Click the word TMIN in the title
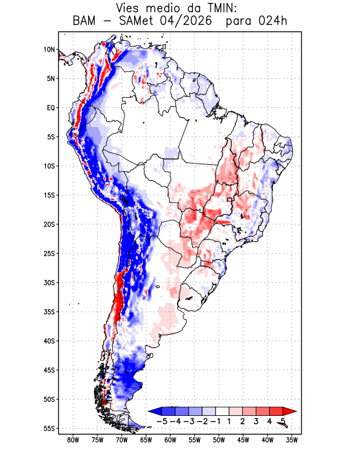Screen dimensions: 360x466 (x=218, y=8)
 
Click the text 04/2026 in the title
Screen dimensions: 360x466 (x=186, y=21)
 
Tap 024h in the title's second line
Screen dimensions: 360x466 (x=273, y=21)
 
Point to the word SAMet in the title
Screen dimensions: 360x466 (x=136, y=21)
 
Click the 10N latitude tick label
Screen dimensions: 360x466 (x=50, y=50)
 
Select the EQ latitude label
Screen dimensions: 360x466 (x=51, y=108)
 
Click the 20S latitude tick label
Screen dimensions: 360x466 (x=50, y=224)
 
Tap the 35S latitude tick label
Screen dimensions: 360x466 (x=50, y=312)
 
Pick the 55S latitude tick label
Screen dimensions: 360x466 (x=50, y=428)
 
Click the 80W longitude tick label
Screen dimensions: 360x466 (x=73, y=440)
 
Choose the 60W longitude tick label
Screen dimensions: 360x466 (x=170, y=440)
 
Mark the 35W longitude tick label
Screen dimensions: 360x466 (x=292, y=440)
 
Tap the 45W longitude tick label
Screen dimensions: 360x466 (x=243, y=440)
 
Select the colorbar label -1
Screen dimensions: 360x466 (x=216, y=421)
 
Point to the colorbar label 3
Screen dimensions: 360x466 (x=256, y=421)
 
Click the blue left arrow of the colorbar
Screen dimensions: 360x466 (x=155, y=411)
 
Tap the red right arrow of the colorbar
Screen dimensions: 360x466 (x=290, y=411)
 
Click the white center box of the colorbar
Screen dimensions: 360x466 (x=223, y=411)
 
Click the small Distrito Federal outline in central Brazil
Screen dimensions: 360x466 (x=230, y=200)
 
